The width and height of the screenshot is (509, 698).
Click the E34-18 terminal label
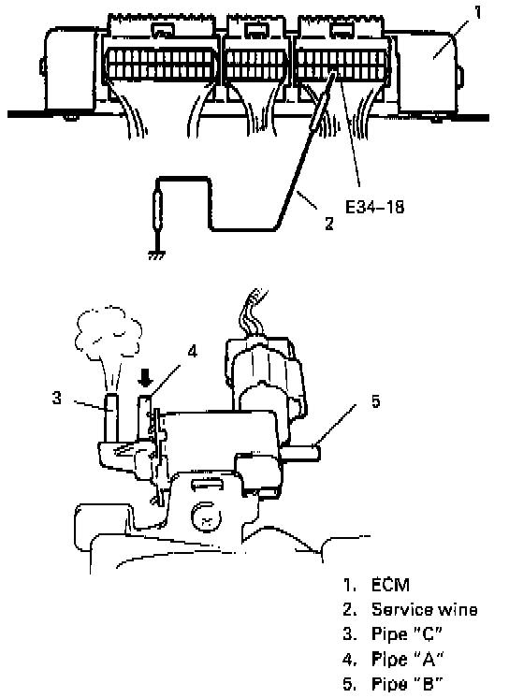374,207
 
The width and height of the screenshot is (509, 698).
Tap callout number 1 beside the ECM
477,11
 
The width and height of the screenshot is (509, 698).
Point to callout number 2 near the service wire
329,223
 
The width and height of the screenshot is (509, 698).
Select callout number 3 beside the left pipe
56,398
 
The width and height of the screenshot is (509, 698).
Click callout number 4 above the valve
192,352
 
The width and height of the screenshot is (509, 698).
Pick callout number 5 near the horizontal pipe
376,401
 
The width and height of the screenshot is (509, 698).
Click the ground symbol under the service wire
157,255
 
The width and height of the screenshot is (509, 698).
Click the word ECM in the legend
390,585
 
